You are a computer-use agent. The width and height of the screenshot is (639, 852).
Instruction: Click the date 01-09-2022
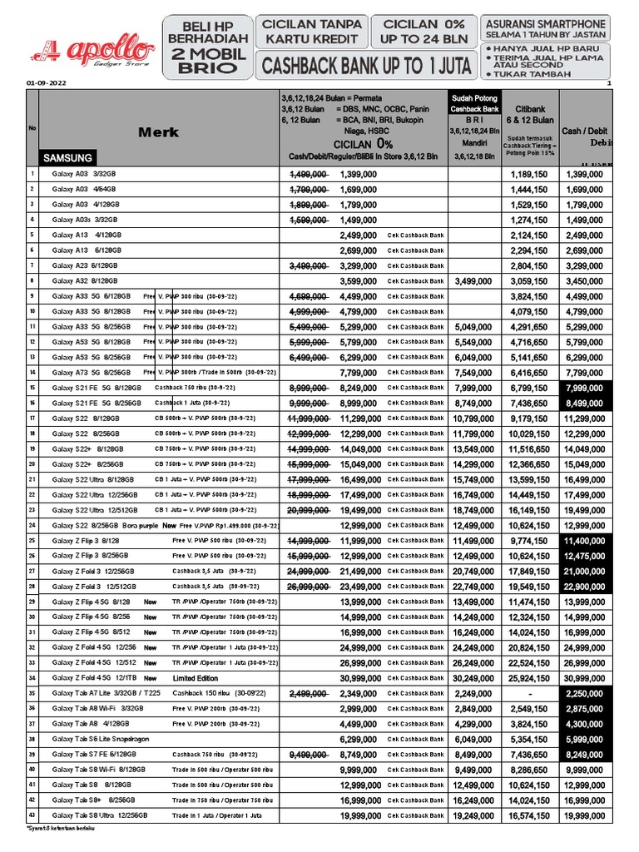(x=47, y=84)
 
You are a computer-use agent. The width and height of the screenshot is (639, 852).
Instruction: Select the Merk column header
(x=158, y=131)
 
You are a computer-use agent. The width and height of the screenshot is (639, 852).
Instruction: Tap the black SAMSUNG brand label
(x=67, y=157)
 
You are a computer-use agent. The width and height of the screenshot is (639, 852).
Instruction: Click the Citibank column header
(x=530, y=109)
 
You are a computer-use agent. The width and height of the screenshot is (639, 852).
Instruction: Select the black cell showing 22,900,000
(x=585, y=587)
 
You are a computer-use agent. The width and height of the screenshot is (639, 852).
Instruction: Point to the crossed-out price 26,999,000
(x=307, y=587)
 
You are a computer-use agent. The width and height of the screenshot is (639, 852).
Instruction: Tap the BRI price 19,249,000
(x=473, y=816)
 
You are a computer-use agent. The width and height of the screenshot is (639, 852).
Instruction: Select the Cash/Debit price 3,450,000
(x=585, y=281)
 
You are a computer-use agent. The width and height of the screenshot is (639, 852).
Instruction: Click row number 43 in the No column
(x=32, y=816)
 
